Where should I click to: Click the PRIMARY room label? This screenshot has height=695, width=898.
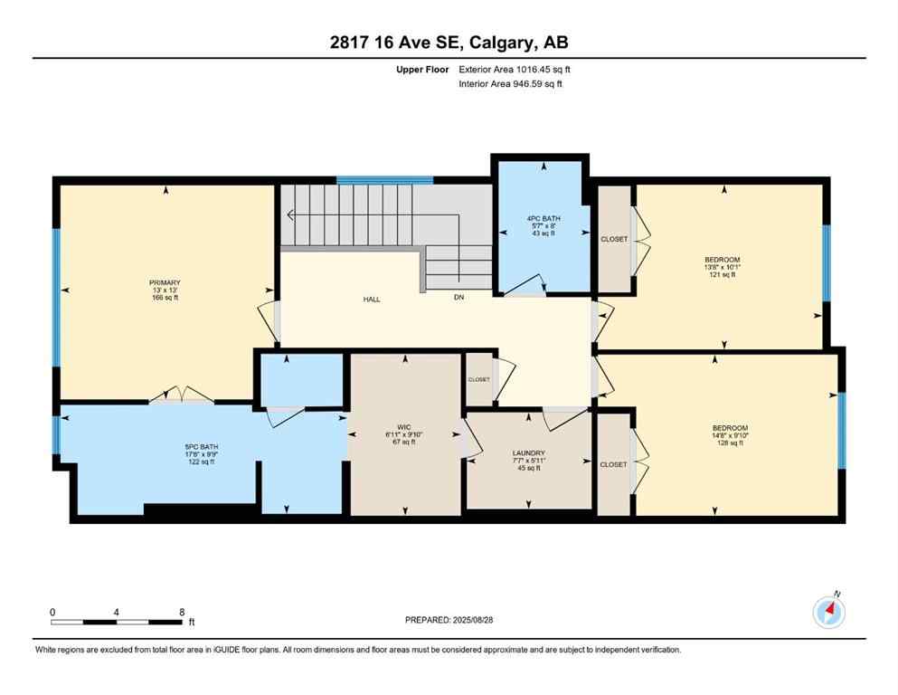(x=165, y=282)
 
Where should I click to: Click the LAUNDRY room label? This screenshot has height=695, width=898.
(x=528, y=452)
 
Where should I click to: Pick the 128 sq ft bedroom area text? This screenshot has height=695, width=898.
(x=729, y=443)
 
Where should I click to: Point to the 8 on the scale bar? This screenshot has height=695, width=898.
(x=182, y=612)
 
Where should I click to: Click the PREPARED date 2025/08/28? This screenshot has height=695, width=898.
(x=476, y=620)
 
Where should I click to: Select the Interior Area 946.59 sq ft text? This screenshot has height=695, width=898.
(x=511, y=84)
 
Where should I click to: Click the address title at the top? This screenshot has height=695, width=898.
(x=449, y=43)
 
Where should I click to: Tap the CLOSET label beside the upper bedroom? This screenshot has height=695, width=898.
(x=614, y=239)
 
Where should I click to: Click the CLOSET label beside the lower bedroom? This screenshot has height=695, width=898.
(x=613, y=464)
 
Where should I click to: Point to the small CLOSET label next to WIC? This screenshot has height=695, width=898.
(x=478, y=379)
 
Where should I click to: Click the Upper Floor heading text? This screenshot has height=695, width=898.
(x=422, y=69)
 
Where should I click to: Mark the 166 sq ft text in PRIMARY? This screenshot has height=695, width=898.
(x=165, y=297)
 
